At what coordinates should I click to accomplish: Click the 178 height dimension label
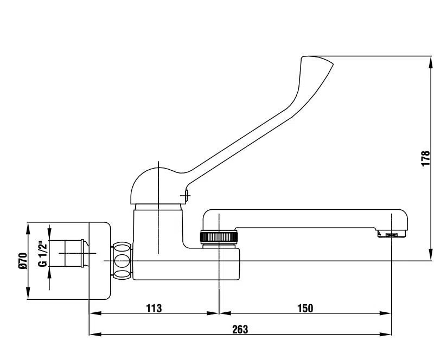click(425, 158)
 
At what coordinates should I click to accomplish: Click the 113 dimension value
click(154, 308)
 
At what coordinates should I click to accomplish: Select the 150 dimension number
click(305, 308)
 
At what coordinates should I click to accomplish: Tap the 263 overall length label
click(240, 330)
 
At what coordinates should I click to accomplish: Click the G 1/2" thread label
click(42, 254)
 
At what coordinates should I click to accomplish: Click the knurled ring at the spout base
click(219, 237)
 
